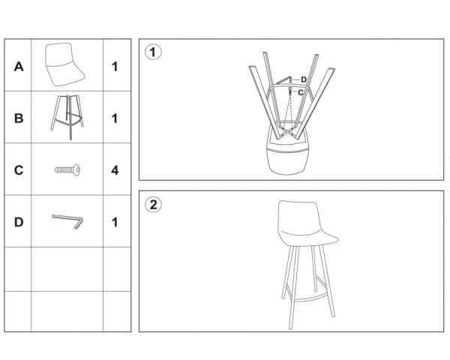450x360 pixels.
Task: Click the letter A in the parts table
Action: click(19, 67)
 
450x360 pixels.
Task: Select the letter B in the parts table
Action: click(19, 118)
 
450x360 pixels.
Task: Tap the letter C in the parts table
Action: click(19, 170)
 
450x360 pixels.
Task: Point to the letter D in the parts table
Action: click(19, 222)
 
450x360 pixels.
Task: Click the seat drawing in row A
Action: click(64, 64)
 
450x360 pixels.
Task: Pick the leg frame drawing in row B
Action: click(67, 117)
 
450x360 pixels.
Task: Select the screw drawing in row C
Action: click(67, 170)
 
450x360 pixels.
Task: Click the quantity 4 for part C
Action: click(115, 170)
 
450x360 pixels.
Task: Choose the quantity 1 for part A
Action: click(115, 67)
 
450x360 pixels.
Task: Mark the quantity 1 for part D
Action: click(115, 222)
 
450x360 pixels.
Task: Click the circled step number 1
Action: click(153, 52)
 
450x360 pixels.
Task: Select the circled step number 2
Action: click(153, 205)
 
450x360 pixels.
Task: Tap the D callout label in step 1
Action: click(304, 79)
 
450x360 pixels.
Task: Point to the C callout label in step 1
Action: click(301, 92)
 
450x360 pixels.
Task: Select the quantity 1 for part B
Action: click(115, 118)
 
